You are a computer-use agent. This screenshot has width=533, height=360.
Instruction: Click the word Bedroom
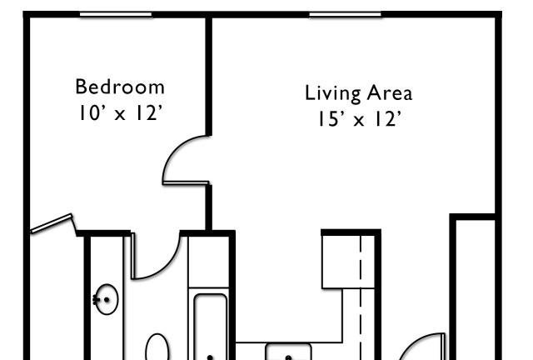pyautogui.click(x=120, y=87)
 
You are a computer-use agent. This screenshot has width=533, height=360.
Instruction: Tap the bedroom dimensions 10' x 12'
pyautogui.click(x=120, y=112)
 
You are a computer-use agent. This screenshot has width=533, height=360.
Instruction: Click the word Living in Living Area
pyautogui.click(x=332, y=93)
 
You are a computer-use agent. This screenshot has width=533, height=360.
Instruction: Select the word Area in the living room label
pyautogui.click(x=390, y=92)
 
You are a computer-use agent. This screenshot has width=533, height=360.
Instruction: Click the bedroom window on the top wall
pyautogui.click(x=116, y=15)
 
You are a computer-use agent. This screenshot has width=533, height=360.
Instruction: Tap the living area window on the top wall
pyautogui.click(x=346, y=15)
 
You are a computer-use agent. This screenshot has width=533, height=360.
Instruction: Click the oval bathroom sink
pyautogui.click(x=107, y=299)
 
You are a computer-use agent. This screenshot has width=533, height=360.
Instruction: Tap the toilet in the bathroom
pyautogui.click(x=157, y=347)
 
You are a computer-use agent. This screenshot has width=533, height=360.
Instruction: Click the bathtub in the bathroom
pyautogui.click(x=211, y=327)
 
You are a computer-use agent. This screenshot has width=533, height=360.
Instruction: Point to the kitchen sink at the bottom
pyautogui.click(x=288, y=352)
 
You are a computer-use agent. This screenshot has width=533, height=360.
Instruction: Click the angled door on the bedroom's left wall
pyautogui.click(x=52, y=223)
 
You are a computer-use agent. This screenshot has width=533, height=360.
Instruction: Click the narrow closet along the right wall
pyautogui.click(x=475, y=290)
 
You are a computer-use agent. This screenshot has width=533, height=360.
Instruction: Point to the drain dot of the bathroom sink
pyautogui.click(x=107, y=300)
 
